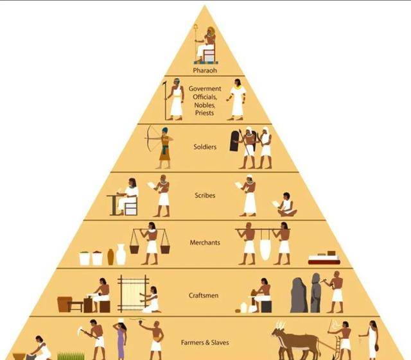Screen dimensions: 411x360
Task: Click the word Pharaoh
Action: pos(205,71)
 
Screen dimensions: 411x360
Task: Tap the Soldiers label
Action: pos(205,147)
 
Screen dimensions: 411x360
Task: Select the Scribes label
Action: pos(205,195)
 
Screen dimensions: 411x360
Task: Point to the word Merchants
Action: pos(205,243)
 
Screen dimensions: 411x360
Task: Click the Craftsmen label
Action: pos(204,295)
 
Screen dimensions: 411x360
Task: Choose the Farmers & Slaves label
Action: pos(205,343)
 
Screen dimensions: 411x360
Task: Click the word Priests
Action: pos(204,113)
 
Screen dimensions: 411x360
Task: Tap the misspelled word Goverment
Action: pos(205,89)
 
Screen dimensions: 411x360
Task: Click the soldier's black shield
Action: pos(235,141)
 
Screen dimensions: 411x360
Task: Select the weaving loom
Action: pos(133,293)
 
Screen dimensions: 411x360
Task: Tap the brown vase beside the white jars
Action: pos(110,257)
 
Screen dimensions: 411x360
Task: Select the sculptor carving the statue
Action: pos(335,292)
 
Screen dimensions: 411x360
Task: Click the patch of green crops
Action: pos(71,356)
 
